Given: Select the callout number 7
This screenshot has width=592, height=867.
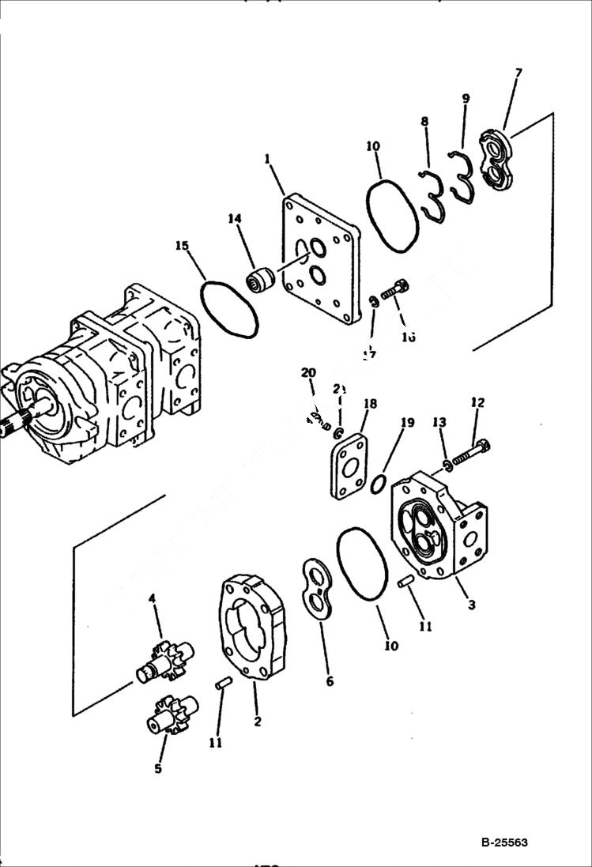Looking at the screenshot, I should pyautogui.click(x=518, y=74).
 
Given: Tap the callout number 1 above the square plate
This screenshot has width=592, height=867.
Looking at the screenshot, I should pyautogui.click(x=268, y=159).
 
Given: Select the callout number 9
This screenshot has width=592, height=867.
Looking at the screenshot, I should pyautogui.click(x=466, y=99).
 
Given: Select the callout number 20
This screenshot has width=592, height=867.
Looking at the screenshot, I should pyautogui.click(x=308, y=372).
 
